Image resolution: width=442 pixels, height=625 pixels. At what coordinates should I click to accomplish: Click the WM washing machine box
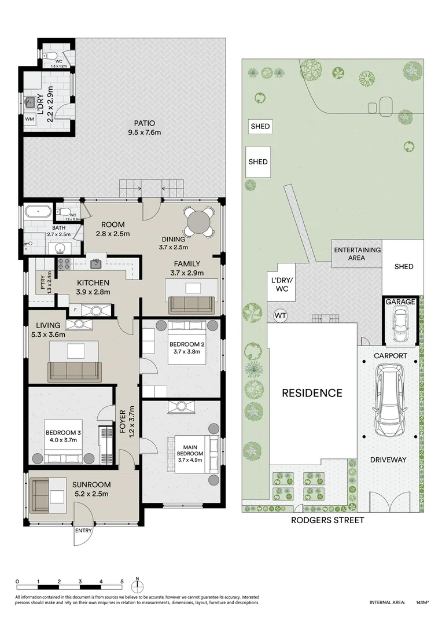[30, 119]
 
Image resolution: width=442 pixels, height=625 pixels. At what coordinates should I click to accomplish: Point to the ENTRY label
[82, 530]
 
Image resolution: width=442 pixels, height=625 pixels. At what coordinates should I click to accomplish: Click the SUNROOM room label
[91, 484]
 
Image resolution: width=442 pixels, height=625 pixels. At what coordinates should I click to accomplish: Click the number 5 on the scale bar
[121, 582]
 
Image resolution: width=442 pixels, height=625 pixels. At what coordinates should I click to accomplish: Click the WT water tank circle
[280, 315]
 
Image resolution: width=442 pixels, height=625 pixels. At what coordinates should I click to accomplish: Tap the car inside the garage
[400, 326]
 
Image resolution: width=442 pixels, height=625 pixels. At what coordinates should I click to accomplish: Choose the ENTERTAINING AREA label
[357, 253]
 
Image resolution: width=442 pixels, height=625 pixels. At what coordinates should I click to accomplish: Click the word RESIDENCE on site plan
[312, 393]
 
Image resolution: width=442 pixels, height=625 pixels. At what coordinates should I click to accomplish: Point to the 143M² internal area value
[421, 602]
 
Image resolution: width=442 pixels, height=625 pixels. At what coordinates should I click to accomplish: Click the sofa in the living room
[73, 370]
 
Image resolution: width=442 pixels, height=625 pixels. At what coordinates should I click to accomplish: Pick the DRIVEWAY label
[388, 459]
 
